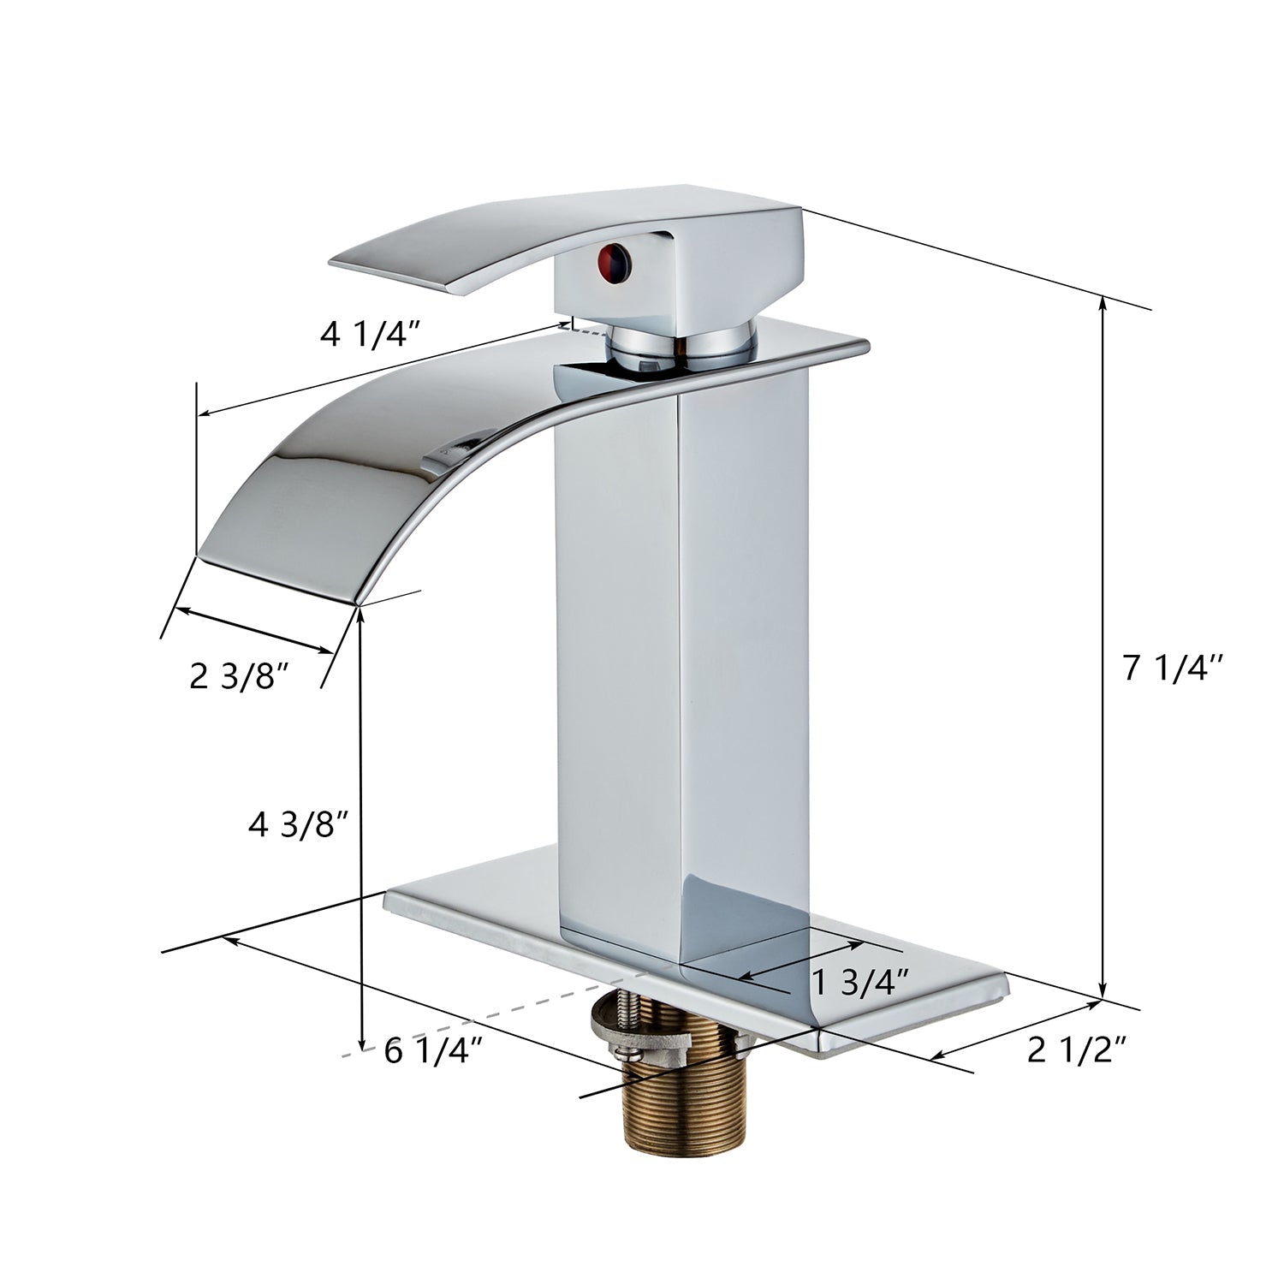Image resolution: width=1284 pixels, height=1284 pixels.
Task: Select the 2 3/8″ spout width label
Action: click(237, 677)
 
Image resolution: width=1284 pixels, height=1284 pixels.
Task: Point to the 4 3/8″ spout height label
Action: click(297, 826)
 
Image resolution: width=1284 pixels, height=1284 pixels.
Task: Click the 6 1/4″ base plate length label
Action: click(434, 1050)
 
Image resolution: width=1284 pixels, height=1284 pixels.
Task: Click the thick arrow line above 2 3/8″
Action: click(253, 631)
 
